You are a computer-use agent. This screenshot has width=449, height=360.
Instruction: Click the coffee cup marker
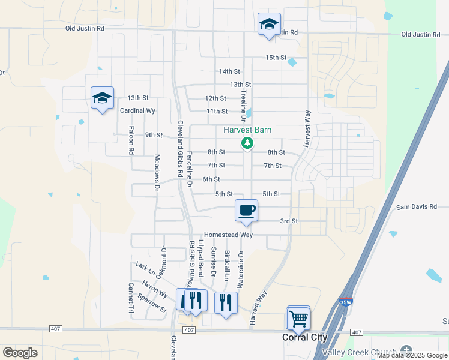coord(247,211)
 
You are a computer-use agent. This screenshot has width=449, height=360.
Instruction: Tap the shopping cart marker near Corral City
coord(298,319)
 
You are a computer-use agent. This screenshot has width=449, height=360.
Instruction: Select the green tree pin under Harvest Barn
coord(246,143)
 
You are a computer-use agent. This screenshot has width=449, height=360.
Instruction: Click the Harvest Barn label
coord(247,130)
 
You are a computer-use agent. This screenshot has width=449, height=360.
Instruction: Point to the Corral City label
coord(305,338)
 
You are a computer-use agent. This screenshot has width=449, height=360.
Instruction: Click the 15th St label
coord(276,58)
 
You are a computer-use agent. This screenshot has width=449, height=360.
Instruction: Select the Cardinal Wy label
coord(137,111)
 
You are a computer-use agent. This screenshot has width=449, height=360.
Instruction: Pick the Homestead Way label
coord(228,235)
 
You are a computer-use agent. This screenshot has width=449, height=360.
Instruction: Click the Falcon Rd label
coord(131,140)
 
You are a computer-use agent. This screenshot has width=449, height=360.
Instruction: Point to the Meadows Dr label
coord(157,173)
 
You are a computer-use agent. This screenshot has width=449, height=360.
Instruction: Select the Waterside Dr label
coord(240,269)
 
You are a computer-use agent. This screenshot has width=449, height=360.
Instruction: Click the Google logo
coord(20,353)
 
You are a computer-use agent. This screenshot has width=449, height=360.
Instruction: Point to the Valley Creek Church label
coord(360,352)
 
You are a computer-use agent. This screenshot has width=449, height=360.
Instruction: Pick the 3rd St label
coord(289,221)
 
